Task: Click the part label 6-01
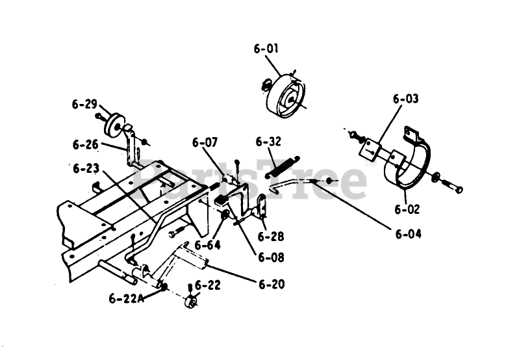tap(266, 48)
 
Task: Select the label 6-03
tap(405, 99)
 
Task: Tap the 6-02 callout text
tap(407, 209)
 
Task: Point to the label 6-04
tap(409, 234)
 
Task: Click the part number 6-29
tap(84, 103)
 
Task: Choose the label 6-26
tap(85, 144)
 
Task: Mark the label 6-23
tap(86, 168)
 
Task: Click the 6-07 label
tap(205, 142)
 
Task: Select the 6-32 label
tap(268, 142)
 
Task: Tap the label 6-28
tap(271, 237)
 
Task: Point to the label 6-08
tap(271, 257)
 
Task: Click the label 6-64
tap(207, 245)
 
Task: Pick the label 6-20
tap(272, 284)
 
